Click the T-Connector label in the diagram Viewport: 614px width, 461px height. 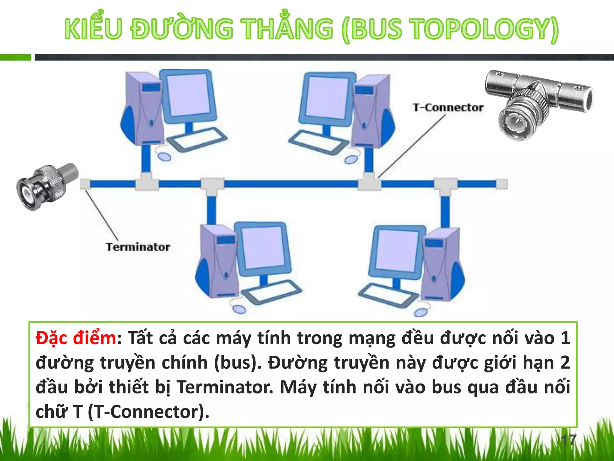(448, 107)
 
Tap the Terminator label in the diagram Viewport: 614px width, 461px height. (138, 247)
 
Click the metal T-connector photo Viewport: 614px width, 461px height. (538, 104)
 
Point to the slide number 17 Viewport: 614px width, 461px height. (568, 440)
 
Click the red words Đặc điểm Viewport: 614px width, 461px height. (76, 338)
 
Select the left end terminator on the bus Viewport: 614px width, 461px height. (85, 184)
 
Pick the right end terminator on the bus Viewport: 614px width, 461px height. (502, 184)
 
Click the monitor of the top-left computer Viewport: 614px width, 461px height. (188, 96)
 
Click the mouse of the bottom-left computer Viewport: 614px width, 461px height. (239, 309)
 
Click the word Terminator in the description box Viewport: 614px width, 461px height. (225, 387)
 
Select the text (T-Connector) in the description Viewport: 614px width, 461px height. (148, 412)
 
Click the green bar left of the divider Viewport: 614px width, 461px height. (15, 57)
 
